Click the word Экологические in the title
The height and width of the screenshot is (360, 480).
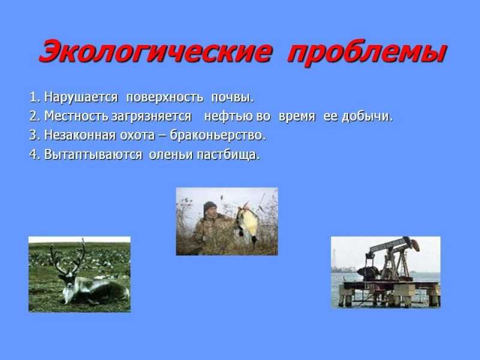[155, 52]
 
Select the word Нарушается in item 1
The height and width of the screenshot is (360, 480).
[81, 98]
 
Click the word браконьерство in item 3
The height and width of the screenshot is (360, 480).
[217, 136]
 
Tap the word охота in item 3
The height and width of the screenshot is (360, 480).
[137, 136]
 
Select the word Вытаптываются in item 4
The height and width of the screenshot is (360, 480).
[93, 155]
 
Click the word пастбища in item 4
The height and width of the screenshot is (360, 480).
[227, 155]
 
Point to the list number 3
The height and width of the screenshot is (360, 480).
[34, 136]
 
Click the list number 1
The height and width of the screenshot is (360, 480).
[34, 97]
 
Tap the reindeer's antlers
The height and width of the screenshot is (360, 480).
[68, 257]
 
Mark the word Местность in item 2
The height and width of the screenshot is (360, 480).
[76, 116]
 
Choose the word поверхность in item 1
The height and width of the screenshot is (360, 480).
[164, 98]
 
